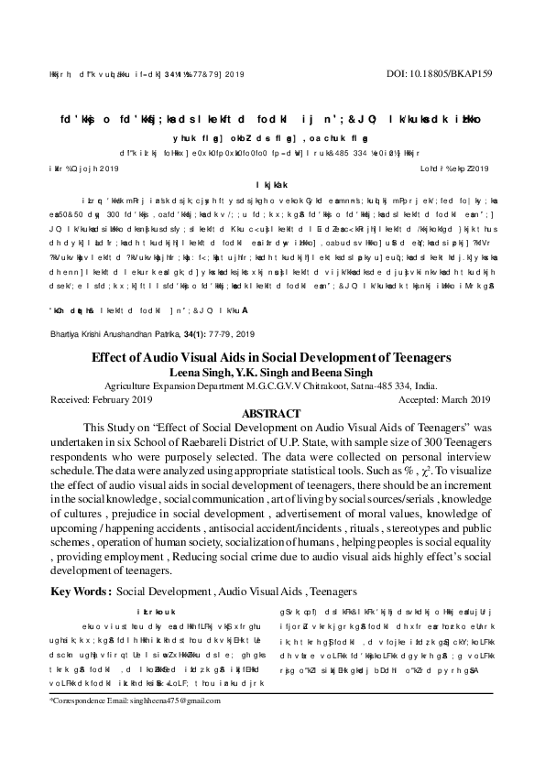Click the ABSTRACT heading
pyautogui.click(x=272, y=414)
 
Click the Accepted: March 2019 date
pyautogui.click(x=441, y=400)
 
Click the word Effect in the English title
pyautogui.click(x=111, y=357)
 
